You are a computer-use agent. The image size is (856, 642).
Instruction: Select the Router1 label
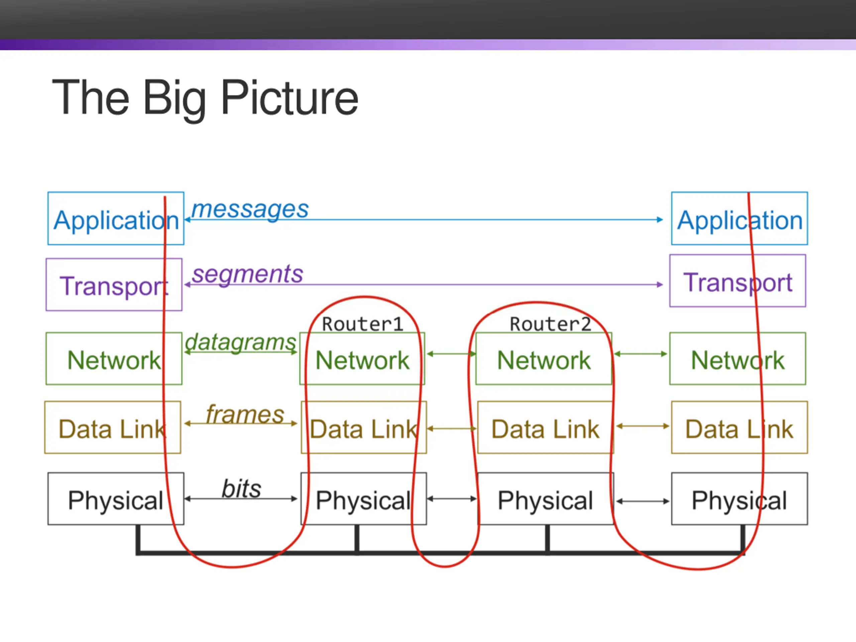coord(362,324)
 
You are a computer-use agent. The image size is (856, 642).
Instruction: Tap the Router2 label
coord(550,324)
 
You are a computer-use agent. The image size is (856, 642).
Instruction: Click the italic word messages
coord(250,210)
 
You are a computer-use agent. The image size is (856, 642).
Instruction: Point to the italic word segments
coord(248,275)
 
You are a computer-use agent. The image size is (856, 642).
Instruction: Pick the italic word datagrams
coord(240,342)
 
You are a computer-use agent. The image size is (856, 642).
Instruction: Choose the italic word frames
coord(245,414)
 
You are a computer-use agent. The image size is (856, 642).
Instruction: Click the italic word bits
coord(241,489)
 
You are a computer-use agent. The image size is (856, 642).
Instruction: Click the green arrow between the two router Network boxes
coord(451,354)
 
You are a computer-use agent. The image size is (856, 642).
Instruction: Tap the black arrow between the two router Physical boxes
coord(452,499)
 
